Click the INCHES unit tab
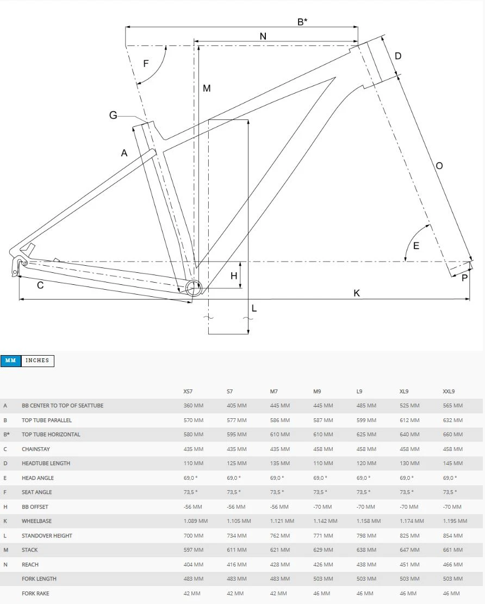tap(38, 361)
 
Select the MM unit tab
tap(11, 361)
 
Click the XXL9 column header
tap(449, 391)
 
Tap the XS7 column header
tap(189, 391)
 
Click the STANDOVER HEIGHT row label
tap(47, 535)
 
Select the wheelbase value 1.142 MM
tap(325, 521)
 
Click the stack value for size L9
tap(366, 550)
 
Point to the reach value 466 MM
tap(453, 564)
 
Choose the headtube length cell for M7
tap(279, 463)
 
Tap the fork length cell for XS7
tap(193, 579)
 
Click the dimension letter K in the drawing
tap(357, 293)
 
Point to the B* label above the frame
tap(302, 22)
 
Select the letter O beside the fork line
tap(439, 166)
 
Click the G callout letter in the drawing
tap(113, 115)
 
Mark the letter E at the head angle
tap(416, 246)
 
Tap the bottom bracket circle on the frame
tap(193, 288)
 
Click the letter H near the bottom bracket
tap(234, 276)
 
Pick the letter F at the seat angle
tap(146, 64)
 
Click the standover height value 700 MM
tap(193, 535)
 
